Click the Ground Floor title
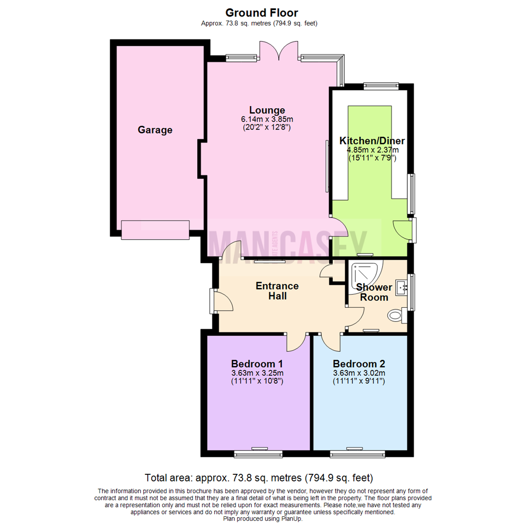coord(262,13)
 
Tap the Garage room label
coord(155,130)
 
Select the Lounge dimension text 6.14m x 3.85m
coord(267,119)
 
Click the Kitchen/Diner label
coord(372,141)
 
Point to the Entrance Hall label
coord(277,291)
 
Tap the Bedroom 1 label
coord(257,364)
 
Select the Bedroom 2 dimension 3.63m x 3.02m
coord(359,374)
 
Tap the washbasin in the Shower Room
coord(402,287)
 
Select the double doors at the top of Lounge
coord(279,51)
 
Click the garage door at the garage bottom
coord(155,230)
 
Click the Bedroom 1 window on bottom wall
coord(258,454)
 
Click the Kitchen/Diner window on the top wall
coord(381,86)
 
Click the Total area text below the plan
coord(259,477)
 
